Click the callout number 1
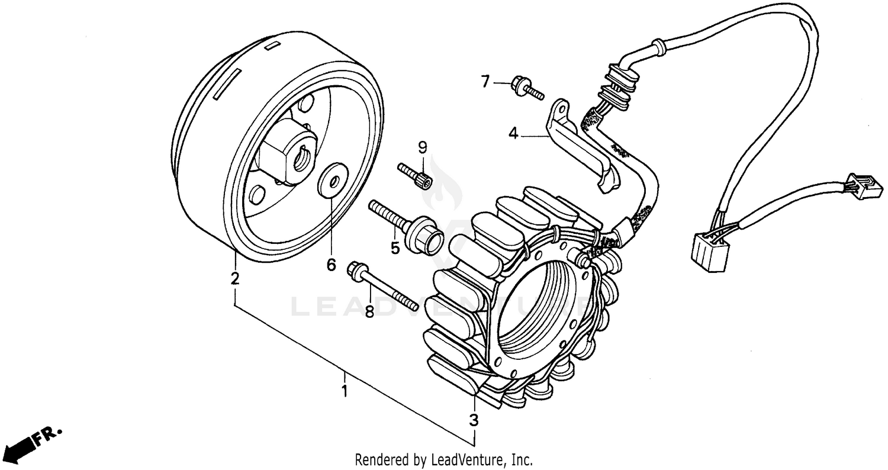(344, 391)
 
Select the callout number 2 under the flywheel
(235, 278)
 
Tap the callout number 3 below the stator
(474, 421)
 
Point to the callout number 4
(513, 134)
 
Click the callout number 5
(395, 248)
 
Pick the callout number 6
(331, 265)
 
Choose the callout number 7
(485, 81)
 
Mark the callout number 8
(369, 311)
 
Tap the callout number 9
(422, 146)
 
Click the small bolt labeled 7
(526, 88)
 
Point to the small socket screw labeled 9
(416, 176)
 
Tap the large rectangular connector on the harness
(709, 251)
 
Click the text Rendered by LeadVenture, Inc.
(444, 459)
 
